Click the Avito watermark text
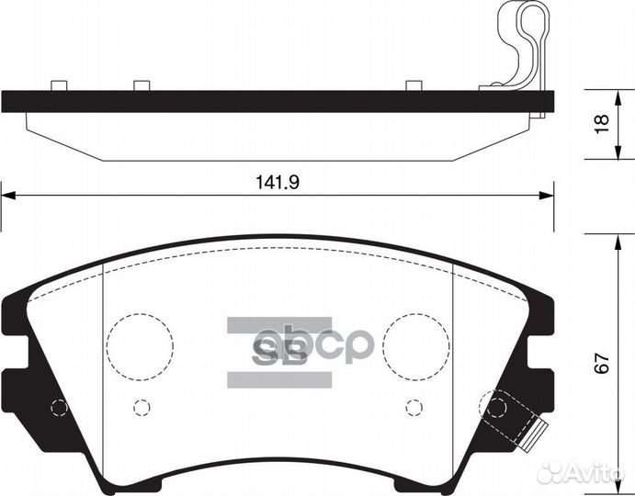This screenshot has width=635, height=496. tap(598, 473)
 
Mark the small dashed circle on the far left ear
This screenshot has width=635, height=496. tap(59, 408)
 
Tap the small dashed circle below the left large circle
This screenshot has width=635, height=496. tap(141, 406)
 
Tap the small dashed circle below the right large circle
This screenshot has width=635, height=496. tap(414, 406)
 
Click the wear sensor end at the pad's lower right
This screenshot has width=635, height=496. tap(538, 429)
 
